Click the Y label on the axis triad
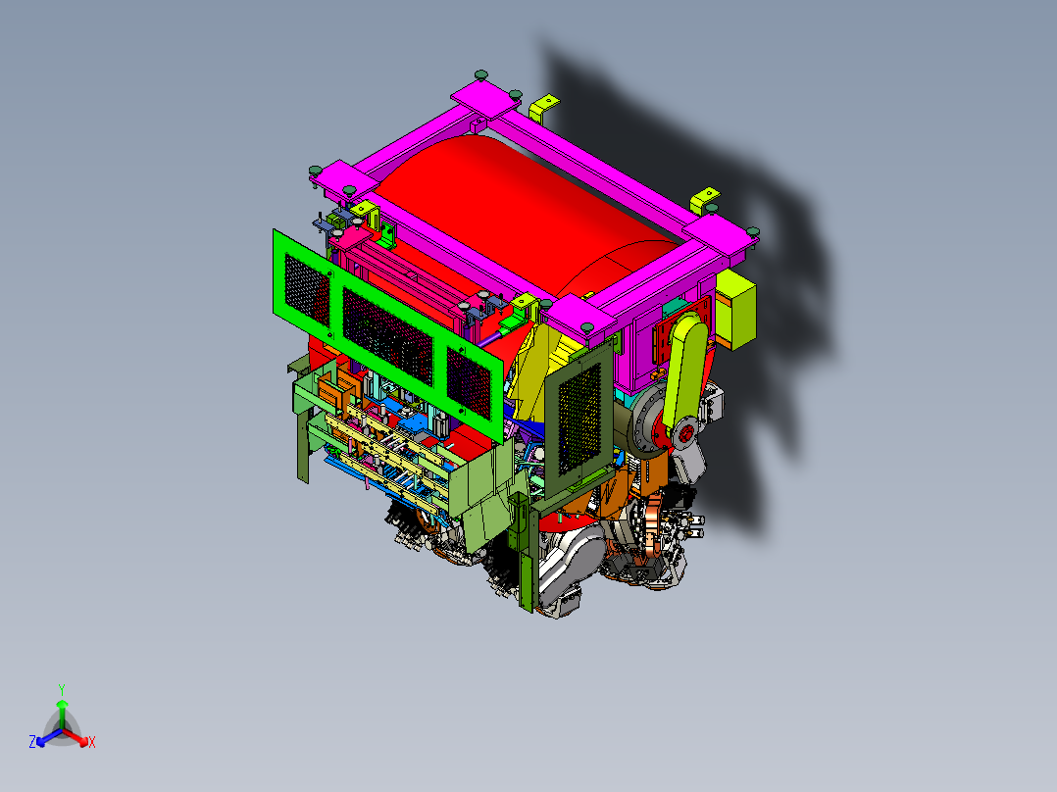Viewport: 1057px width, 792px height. pyautogui.click(x=61, y=689)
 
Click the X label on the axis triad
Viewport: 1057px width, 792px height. pyautogui.click(x=92, y=743)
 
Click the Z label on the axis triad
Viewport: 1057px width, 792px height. pyautogui.click(x=32, y=742)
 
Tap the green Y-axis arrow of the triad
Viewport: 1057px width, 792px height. pyautogui.click(x=61, y=710)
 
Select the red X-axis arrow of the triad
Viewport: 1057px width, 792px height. pyautogui.click(x=78, y=738)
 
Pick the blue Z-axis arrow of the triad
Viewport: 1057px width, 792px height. pyautogui.click(x=45, y=738)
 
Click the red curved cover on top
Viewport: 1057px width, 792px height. pyautogui.click(x=510, y=206)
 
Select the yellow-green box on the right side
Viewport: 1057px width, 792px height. pyautogui.click(x=736, y=309)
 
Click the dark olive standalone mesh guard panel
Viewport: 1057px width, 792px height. pyautogui.click(x=579, y=412)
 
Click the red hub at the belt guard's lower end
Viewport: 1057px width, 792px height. pyautogui.click(x=686, y=430)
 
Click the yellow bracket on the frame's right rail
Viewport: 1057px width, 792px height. pyautogui.click(x=704, y=201)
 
